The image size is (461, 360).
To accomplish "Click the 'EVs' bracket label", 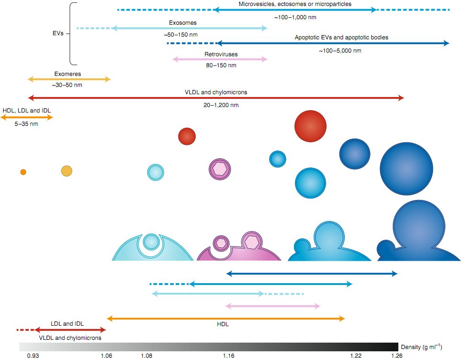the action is pyautogui.click(x=58, y=33).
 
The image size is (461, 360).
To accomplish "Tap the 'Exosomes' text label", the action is pyautogui.click(x=182, y=23).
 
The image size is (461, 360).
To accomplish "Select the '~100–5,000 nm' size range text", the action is pyautogui.click(x=340, y=51).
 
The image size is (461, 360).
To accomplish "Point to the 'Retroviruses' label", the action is pyautogui.click(x=221, y=54).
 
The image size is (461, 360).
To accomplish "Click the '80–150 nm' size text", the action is pyautogui.click(x=221, y=65).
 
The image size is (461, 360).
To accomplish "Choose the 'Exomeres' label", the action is pyautogui.click(x=67, y=74).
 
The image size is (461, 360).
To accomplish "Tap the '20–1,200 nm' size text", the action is pyautogui.click(x=221, y=105).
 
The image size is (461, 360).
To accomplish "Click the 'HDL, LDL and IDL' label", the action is pyautogui.click(x=27, y=111).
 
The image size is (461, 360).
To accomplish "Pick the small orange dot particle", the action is pyautogui.click(x=23, y=172).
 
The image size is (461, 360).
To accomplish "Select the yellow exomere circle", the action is pyautogui.click(x=67, y=171).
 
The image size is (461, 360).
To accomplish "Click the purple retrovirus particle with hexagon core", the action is pyautogui.click(x=220, y=169).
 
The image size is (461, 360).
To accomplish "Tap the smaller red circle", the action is pyautogui.click(x=187, y=136).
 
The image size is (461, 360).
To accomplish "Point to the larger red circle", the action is pyautogui.click(x=311, y=126).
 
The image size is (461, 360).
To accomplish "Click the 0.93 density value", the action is pyautogui.click(x=33, y=356).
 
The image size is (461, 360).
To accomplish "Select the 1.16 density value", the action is pyautogui.click(x=229, y=356).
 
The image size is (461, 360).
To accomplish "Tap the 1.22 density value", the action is pyautogui.click(x=356, y=356).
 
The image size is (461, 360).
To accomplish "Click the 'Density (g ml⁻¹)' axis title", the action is pyautogui.click(x=421, y=347).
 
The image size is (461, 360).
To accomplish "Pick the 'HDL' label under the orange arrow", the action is pyautogui.click(x=223, y=324).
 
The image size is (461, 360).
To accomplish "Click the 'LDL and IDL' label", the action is pyautogui.click(x=67, y=323).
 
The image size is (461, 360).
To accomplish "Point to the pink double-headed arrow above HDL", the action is pyautogui.click(x=273, y=306).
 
